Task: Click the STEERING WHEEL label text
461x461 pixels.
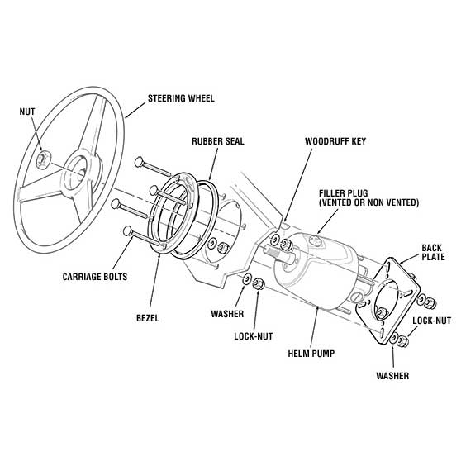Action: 181,98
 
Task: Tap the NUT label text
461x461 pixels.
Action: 28,107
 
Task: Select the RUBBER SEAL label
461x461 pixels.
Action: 217,141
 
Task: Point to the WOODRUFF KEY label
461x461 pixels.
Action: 335,141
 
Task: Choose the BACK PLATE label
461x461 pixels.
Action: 433,252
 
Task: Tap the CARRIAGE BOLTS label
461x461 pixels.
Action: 97,276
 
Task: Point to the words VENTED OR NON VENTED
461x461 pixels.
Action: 368,202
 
